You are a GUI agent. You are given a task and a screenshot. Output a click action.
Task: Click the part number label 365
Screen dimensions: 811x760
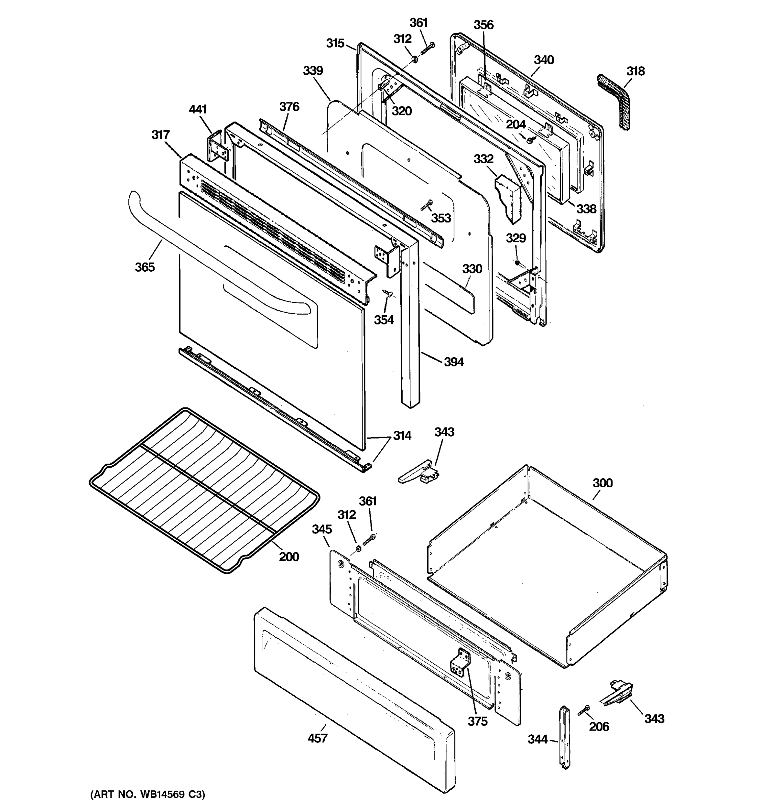click(x=145, y=267)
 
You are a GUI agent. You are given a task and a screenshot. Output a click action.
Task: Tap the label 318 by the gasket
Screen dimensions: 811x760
click(x=635, y=71)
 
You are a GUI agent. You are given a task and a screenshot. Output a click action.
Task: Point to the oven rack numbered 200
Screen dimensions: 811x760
click(x=204, y=490)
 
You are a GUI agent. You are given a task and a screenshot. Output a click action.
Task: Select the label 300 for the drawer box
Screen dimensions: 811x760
click(x=602, y=483)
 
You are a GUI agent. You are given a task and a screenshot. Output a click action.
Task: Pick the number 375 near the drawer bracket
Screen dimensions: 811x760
click(x=477, y=721)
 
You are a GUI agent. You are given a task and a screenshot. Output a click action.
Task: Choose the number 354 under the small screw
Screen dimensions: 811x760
click(x=384, y=320)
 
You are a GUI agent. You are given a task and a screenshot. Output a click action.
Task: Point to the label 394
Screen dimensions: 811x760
click(x=453, y=362)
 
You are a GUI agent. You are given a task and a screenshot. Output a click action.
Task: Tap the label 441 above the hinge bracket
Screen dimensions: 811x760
click(x=198, y=109)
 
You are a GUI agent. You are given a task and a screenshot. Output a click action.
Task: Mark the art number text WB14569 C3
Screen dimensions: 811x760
click(x=148, y=794)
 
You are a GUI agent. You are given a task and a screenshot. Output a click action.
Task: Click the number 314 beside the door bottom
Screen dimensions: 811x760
click(x=402, y=436)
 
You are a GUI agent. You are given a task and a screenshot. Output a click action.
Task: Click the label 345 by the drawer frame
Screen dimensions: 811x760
click(x=322, y=529)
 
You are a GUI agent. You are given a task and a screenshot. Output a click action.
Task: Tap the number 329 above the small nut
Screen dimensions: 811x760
click(x=516, y=238)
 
